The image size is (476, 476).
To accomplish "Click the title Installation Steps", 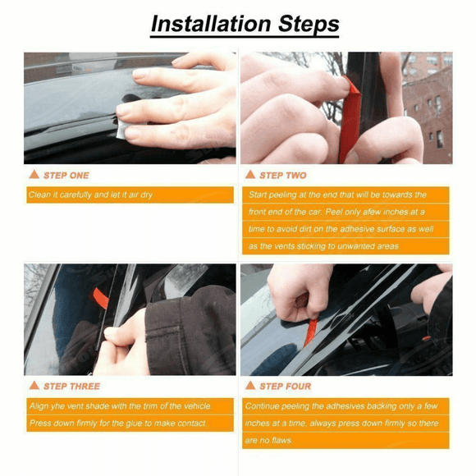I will [245, 23].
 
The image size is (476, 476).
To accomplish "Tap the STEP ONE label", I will [66, 175].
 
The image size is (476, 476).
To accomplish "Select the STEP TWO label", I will [283, 175].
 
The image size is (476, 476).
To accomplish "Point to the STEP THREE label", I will [72, 386].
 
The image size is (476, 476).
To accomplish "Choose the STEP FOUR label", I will [286, 386].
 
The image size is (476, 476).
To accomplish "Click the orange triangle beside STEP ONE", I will [34, 175].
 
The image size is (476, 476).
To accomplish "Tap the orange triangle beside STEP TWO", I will [250, 175].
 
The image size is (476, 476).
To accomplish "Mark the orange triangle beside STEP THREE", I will [34, 386].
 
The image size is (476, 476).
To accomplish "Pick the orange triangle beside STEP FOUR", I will [250, 386].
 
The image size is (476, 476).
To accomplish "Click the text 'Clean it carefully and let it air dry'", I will [90, 195].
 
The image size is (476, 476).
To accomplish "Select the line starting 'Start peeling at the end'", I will [349, 195].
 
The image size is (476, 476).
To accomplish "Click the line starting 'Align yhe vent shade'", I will [120, 406].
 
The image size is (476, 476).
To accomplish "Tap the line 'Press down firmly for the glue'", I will [117, 423].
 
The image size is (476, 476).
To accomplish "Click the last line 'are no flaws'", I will [269, 441].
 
